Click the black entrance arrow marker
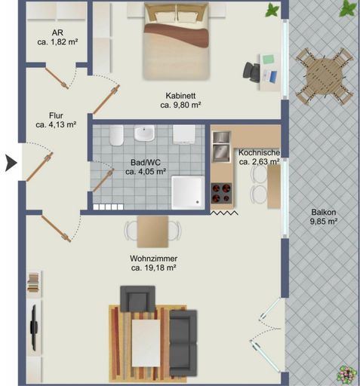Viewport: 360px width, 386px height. click(x=11, y=163)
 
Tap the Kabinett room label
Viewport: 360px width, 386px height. click(x=180, y=96)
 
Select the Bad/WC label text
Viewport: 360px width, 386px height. click(x=146, y=162)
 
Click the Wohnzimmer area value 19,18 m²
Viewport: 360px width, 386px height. click(x=153, y=268)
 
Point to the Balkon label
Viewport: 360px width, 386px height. click(x=324, y=212)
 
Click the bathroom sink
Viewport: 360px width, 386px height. click(x=144, y=133)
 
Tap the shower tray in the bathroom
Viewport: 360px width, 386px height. click(x=188, y=192)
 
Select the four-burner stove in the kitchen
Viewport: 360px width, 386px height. click(x=222, y=193)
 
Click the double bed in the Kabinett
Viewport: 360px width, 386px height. click(x=177, y=41)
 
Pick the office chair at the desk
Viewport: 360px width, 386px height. click(x=251, y=72)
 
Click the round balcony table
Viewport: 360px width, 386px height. click(x=324, y=77)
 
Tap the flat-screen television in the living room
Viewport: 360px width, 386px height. click(x=34, y=327)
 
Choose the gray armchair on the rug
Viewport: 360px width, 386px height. click(x=137, y=299)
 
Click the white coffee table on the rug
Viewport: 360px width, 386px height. click(x=146, y=343)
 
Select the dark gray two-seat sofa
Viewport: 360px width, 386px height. click(x=183, y=343)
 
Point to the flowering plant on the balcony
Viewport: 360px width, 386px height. click(x=347, y=374)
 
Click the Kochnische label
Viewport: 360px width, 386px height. click(x=259, y=152)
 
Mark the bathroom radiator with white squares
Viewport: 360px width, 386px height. click(x=108, y=207)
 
